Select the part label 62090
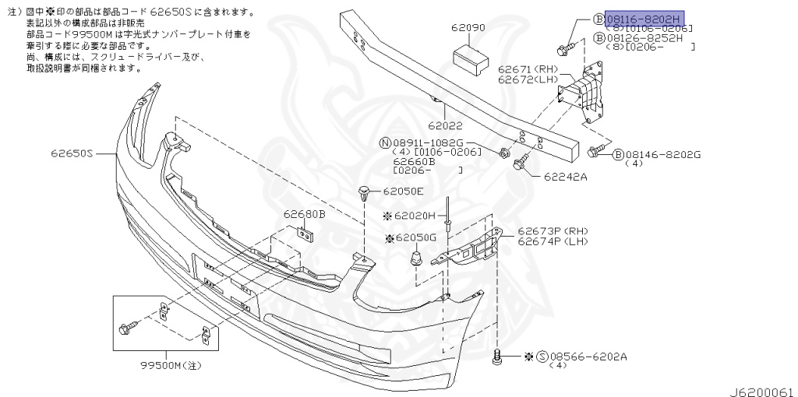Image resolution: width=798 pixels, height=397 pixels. coord(468,27)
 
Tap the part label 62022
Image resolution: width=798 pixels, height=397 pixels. coord(445,124)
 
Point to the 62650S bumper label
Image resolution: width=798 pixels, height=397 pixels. coord(73,154)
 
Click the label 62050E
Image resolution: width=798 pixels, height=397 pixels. coord(404,191)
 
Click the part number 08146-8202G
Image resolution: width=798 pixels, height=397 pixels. coord(662,155)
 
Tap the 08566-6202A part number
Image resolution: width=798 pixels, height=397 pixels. coord(591,357)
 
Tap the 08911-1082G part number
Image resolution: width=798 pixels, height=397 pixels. coord(428,143)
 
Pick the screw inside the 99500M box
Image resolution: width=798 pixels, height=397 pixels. coord(125,328)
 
